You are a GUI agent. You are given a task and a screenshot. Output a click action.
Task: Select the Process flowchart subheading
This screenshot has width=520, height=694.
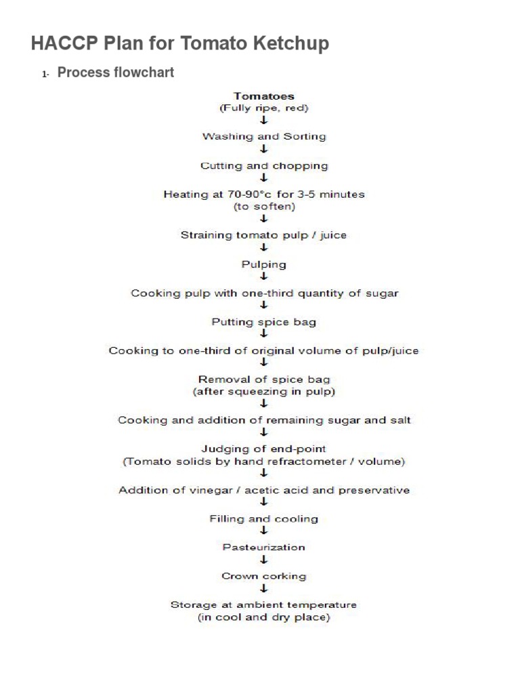coord(116,73)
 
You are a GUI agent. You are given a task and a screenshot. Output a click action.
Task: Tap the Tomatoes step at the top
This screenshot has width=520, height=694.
coord(264,96)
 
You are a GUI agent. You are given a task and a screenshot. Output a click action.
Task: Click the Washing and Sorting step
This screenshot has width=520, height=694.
coord(264,136)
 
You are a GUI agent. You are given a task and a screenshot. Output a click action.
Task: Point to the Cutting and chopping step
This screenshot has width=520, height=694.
coord(264,165)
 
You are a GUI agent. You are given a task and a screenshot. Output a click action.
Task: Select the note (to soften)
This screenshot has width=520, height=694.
coord(264,207)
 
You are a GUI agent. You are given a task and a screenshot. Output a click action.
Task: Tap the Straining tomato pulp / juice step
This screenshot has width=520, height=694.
coord(264,235)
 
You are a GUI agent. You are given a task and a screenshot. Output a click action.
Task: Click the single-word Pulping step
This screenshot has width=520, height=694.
coord(264,264)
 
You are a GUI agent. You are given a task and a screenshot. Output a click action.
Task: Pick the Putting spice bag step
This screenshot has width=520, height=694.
coord(264,322)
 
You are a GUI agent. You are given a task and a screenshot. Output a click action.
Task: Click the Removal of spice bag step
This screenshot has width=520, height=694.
coord(264,380)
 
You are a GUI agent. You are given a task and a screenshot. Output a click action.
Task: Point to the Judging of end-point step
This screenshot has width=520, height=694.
coord(264,449)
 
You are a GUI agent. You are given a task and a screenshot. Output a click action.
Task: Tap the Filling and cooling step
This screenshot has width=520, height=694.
coord(264,518)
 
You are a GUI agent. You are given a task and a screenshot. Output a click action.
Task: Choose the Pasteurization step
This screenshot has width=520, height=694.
coord(264,547)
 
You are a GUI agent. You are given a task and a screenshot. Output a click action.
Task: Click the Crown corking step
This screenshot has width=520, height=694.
coord(264,576)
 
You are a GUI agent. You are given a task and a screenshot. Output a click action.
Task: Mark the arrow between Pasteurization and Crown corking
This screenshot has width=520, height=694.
coord(264,560)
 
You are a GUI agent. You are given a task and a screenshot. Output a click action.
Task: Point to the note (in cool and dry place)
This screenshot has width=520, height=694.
coord(264,617)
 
